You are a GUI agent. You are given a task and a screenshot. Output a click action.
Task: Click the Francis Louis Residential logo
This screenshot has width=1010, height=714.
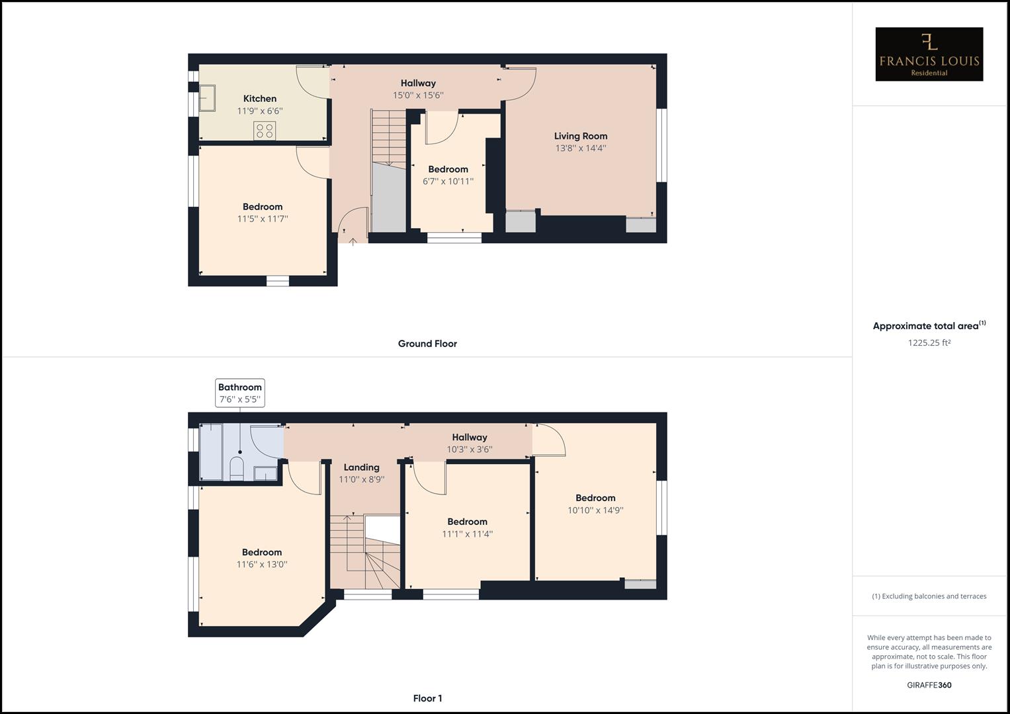click(x=929, y=54)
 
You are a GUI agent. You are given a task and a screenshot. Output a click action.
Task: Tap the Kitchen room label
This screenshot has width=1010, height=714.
click(x=260, y=99)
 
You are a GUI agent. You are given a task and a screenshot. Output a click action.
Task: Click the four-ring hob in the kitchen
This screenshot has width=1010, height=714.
click(x=265, y=130)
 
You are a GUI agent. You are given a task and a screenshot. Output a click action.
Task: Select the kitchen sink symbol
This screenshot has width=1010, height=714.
click(x=208, y=98)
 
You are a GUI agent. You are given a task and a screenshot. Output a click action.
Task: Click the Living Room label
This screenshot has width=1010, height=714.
click(x=581, y=136)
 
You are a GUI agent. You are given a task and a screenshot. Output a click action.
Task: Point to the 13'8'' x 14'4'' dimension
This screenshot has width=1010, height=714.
click(x=581, y=148)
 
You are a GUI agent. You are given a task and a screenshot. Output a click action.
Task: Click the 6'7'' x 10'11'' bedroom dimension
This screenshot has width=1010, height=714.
click(x=448, y=181)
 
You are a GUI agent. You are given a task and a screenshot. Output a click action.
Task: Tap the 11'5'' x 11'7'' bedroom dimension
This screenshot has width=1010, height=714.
click(x=263, y=219)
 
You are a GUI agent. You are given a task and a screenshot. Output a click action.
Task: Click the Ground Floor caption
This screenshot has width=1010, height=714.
click(x=427, y=344)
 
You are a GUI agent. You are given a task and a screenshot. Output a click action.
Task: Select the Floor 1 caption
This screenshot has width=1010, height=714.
click(x=427, y=698)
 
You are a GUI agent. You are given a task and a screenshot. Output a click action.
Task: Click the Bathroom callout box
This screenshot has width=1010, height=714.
click(x=240, y=393)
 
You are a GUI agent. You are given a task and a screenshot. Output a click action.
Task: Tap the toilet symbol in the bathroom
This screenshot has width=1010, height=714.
click(x=237, y=469)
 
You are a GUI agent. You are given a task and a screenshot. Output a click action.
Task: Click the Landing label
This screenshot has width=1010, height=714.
click(x=361, y=467)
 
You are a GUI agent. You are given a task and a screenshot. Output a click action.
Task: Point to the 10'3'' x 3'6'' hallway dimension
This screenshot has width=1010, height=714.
click(x=470, y=450)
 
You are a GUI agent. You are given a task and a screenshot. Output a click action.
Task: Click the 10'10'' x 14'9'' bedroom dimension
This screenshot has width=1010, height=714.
click(x=595, y=510)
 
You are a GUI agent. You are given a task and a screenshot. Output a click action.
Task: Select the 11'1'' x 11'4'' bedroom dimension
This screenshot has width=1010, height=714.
click(x=467, y=534)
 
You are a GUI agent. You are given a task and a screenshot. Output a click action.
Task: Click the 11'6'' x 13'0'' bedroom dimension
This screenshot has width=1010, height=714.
click(x=262, y=565)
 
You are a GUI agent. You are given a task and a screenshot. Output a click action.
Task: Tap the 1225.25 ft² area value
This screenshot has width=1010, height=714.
click(x=929, y=342)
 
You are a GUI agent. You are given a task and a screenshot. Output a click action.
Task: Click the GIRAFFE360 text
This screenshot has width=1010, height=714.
click(x=929, y=685)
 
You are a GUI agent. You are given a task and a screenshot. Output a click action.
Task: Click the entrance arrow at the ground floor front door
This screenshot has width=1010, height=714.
click(x=353, y=242)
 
